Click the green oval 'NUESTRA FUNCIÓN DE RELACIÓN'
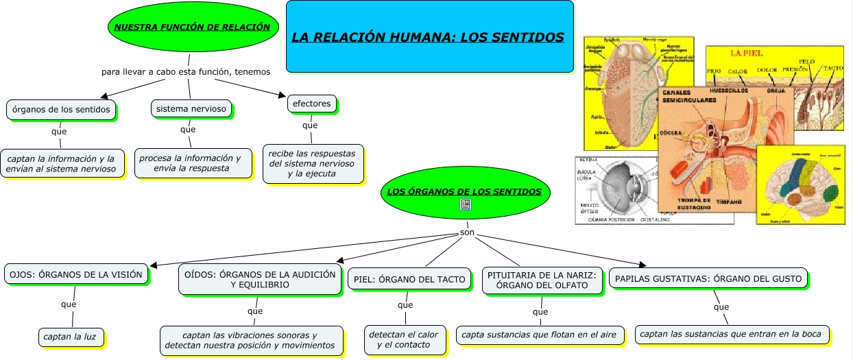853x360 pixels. (192, 27)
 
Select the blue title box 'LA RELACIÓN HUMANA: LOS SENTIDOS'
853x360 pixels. (429, 36)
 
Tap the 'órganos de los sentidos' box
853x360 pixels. (61, 109)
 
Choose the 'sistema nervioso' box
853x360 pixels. (191, 108)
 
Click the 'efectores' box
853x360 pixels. (311, 104)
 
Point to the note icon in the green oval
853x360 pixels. (466, 204)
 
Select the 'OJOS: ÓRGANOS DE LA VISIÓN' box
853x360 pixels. (75, 274)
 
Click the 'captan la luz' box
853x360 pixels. (74, 337)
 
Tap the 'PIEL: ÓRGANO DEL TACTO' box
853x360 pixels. (410, 278)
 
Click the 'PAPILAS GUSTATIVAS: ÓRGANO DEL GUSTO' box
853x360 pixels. (708, 278)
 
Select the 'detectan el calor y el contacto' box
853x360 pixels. (404, 339)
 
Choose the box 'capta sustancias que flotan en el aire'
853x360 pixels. (540, 335)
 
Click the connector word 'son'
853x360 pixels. (466, 233)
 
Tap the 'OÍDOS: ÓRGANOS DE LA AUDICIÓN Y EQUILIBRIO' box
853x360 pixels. (260, 279)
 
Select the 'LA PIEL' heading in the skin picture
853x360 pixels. (746, 53)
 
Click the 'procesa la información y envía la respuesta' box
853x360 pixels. (190, 163)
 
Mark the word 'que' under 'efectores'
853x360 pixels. (310, 125)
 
